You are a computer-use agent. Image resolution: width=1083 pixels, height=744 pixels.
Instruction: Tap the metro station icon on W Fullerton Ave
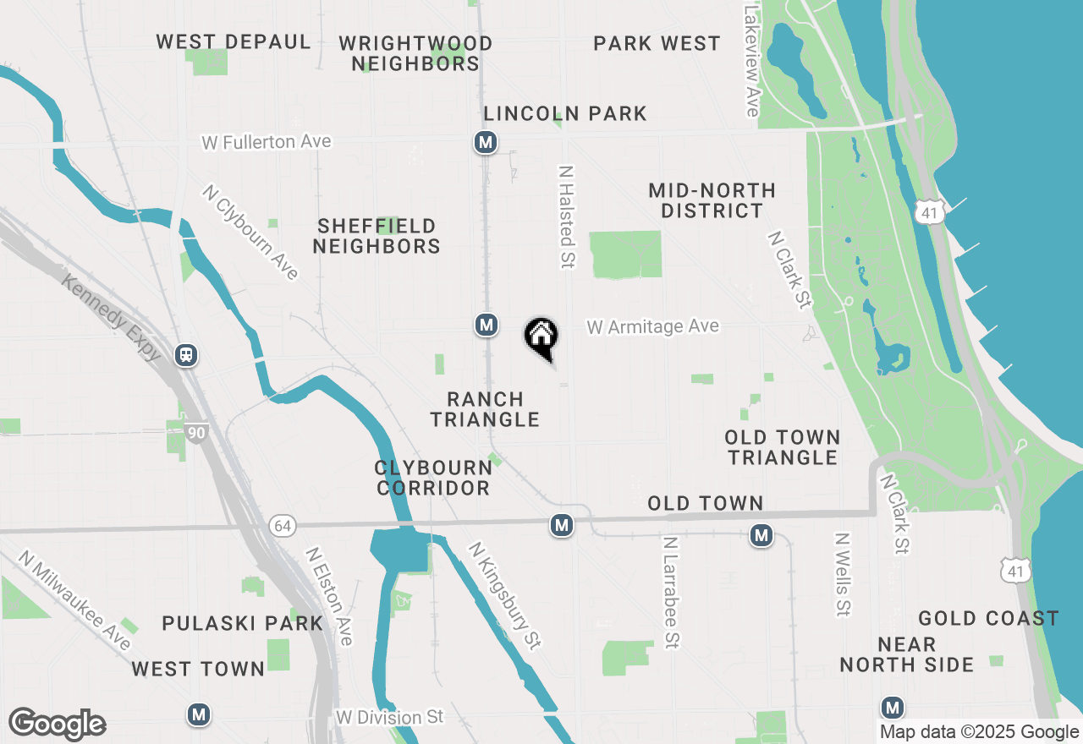(486, 143)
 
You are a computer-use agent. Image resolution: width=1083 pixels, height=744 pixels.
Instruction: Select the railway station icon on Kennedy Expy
(187, 355)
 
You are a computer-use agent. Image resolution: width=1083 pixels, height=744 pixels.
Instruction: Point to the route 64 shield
(283, 527)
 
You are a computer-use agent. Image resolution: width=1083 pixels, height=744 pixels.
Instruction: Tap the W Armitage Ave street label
(652, 326)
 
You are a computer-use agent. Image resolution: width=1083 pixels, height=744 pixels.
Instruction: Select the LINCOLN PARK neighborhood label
(565, 113)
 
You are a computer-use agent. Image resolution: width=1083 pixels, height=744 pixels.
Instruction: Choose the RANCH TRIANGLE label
(486, 409)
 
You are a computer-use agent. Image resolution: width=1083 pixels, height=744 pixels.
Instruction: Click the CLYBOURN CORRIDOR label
(433, 478)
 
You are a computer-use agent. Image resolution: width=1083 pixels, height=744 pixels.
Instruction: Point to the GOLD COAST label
(988, 619)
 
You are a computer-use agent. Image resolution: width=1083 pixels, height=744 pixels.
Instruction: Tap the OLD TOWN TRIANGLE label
(783, 447)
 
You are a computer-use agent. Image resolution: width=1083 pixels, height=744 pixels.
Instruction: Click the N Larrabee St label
(671, 592)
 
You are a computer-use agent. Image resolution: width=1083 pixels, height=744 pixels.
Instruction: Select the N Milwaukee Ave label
(75, 600)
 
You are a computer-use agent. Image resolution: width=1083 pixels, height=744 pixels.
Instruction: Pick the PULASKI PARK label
(243, 624)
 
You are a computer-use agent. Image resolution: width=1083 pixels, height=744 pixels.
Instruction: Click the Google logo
(57, 724)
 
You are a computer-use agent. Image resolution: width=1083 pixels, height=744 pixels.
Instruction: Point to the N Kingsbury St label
(505, 595)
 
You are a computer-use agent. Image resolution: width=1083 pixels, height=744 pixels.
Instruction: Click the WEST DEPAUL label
(234, 42)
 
